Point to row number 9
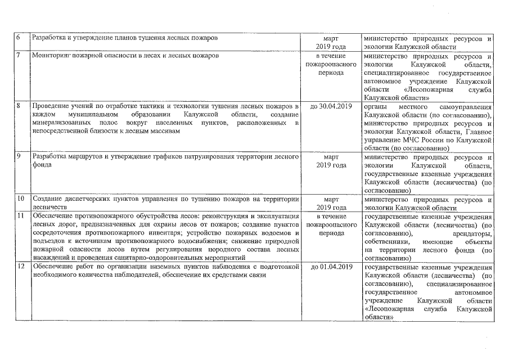[19, 157]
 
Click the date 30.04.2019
[331, 106]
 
